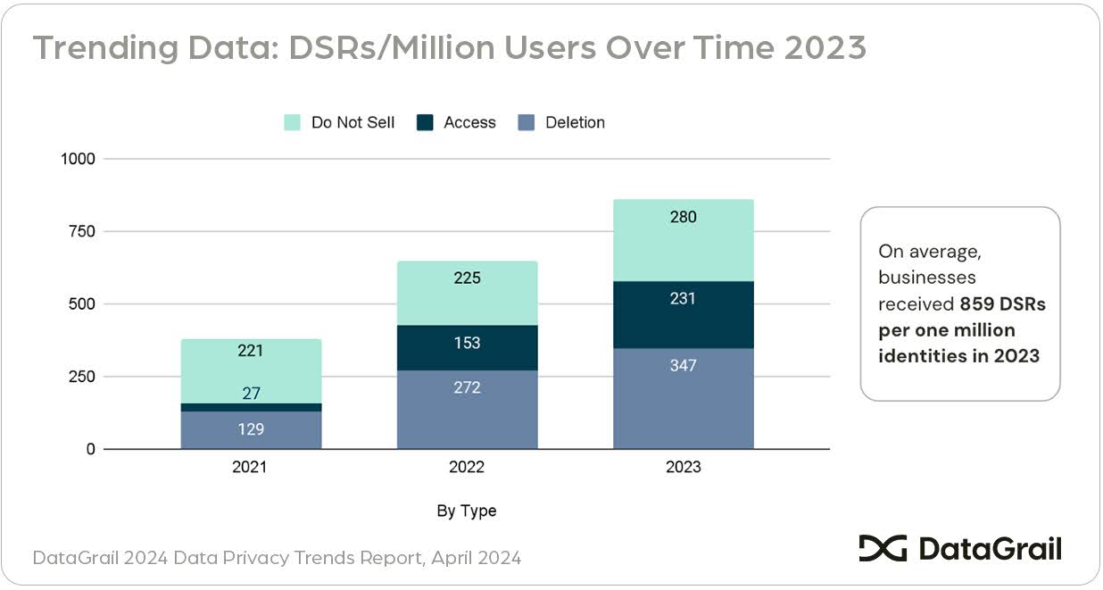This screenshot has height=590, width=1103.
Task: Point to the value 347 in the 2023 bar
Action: coord(684,365)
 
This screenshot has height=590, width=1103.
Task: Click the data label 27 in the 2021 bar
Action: coord(251,393)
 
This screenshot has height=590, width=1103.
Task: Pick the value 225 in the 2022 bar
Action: coord(467,278)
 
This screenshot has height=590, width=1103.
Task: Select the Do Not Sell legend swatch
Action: coord(293,122)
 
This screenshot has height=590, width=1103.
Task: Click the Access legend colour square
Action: coord(426,122)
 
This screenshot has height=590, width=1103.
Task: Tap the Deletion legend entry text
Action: coord(575,122)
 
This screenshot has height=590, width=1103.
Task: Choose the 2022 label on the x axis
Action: coord(467,467)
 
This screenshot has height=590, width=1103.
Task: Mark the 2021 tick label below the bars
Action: coord(251,467)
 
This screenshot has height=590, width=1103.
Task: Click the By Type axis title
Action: coord(467,511)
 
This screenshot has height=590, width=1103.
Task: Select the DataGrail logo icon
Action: coord(883,548)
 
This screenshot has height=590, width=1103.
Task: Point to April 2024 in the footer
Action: coord(477,558)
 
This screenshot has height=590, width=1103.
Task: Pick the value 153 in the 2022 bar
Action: coord(467,343)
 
